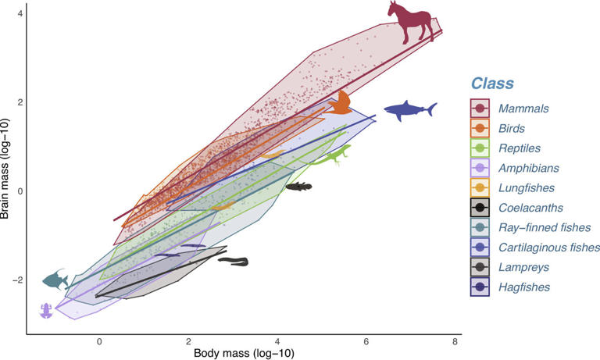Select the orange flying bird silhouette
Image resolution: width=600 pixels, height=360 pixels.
pos(338,103)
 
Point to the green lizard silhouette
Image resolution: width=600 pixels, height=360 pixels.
pos(333,155)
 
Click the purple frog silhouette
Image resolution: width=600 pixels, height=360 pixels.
pos(46,310)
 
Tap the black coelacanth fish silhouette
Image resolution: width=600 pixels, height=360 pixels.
pos(298,186)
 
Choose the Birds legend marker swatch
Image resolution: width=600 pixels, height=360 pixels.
pos(480,128)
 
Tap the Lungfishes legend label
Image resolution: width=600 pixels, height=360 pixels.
pos(528,187)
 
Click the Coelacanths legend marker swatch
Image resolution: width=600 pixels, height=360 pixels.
pos(480,208)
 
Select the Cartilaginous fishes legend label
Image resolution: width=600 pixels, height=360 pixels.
pos(548,248)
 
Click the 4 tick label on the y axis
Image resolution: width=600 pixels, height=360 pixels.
pos(20,14)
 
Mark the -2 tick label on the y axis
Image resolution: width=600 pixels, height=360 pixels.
pos(16,280)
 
